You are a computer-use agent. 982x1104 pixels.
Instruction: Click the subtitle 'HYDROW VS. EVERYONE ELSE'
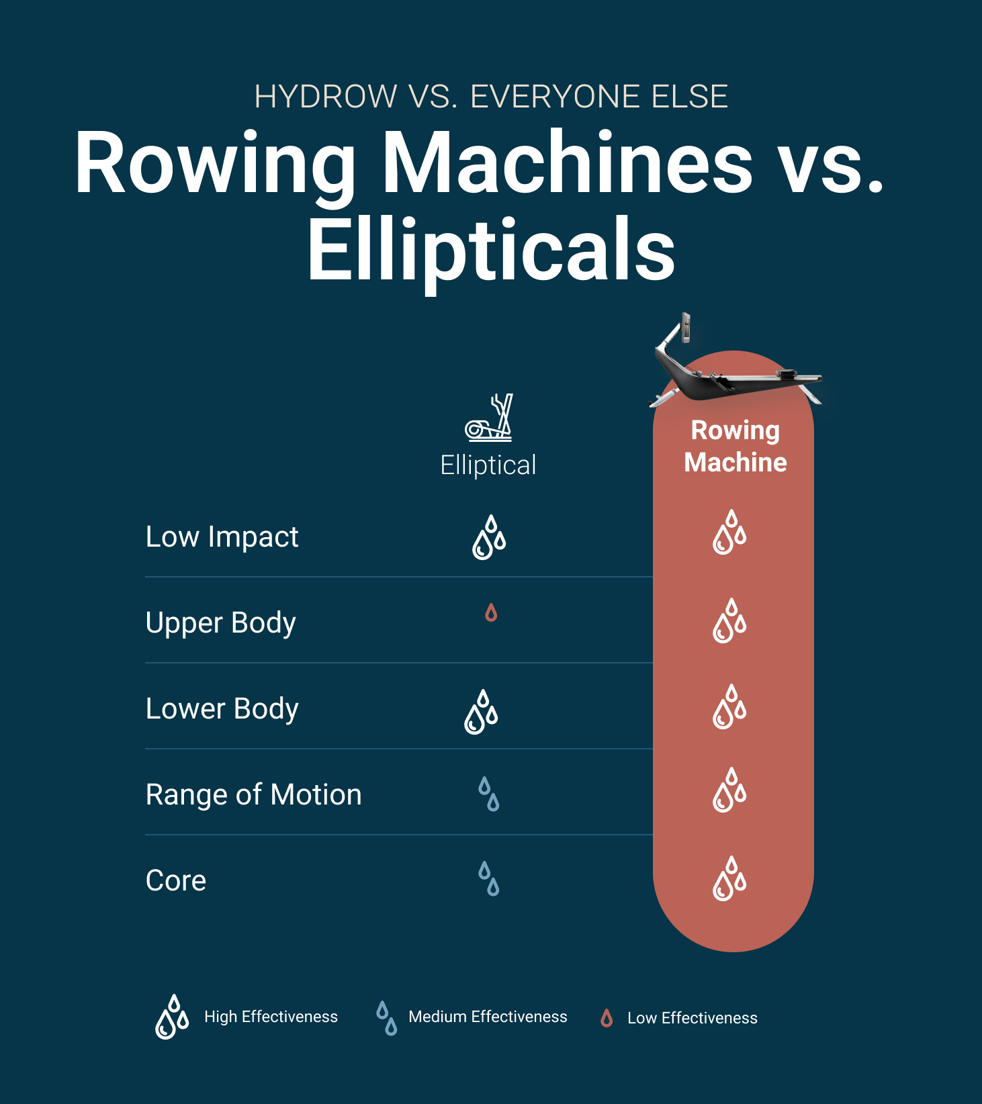pos(491,97)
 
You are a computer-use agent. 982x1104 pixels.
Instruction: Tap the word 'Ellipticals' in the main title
pos(491,250)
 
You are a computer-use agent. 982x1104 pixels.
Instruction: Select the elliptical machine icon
pos(489,418)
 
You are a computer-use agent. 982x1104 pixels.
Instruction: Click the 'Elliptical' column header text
pos(488,465)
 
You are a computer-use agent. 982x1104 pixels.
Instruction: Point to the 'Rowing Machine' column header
pos(735,446)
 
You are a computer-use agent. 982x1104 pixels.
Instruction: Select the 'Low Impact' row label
pos(222,537)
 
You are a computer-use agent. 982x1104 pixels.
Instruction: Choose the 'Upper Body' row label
pos(220,623)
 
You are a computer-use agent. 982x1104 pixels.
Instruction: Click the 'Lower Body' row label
pos(222,709)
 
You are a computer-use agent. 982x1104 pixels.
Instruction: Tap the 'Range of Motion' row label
pos(253,795)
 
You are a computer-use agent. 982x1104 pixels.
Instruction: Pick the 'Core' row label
pos(176,881)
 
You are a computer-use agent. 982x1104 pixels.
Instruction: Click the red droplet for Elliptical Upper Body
pos(491,612)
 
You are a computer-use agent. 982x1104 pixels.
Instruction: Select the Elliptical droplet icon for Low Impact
pos(489,537)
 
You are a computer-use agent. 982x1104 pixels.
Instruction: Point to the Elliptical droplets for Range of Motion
pos(489,794)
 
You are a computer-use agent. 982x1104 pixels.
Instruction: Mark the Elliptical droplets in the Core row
pos(489,879)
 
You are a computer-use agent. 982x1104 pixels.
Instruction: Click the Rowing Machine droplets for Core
pos(729,878)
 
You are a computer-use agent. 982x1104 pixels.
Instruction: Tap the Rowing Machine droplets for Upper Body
pos(729,621)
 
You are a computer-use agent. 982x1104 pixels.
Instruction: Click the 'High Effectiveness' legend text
pos(271,1017)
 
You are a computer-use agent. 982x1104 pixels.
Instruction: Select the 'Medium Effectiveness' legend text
pos(488,1017)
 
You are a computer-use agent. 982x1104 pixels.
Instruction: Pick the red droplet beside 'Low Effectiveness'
pos(607,1018)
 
